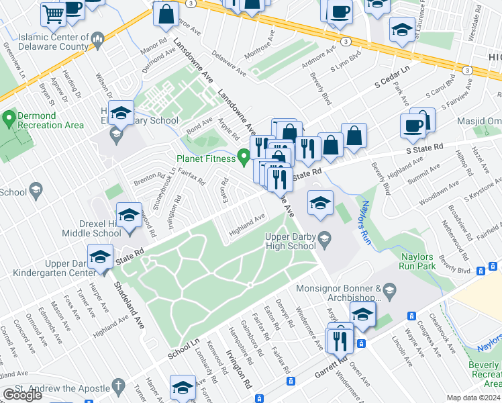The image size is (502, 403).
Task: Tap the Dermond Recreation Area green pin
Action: pyautogui.click(x=9, y=120)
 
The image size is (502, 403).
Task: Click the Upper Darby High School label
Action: pyautogui.click(x=291, y=242)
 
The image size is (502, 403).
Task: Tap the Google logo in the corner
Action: pyautogui.click(x=22, y=395)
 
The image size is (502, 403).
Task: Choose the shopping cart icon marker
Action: pyautogui.click(x=52, y=13)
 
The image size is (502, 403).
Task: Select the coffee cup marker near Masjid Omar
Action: pyautogui.click(x=411, y=125)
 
